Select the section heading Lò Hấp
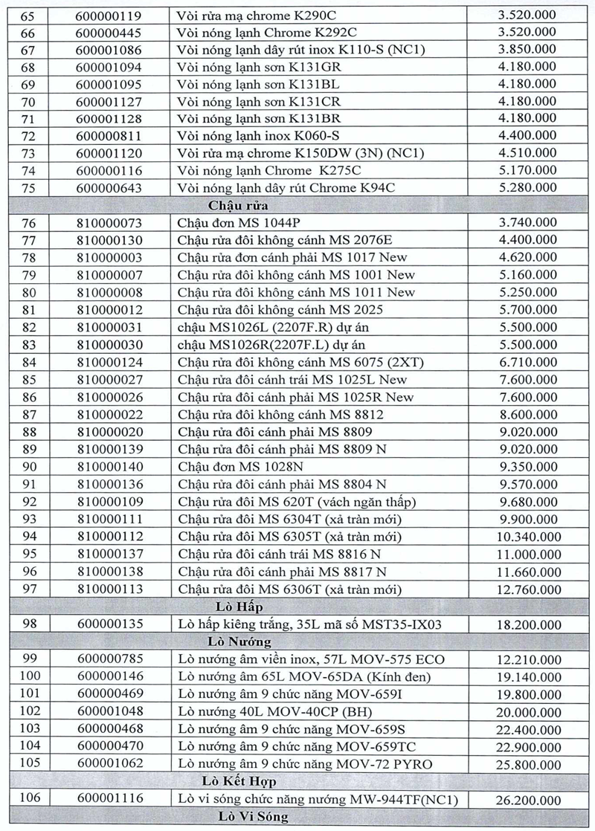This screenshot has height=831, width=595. (239, 607)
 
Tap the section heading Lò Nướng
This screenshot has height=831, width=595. (239, 641)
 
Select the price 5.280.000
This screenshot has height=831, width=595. (528, 187)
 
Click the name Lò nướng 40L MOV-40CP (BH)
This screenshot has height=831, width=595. (266, 711)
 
